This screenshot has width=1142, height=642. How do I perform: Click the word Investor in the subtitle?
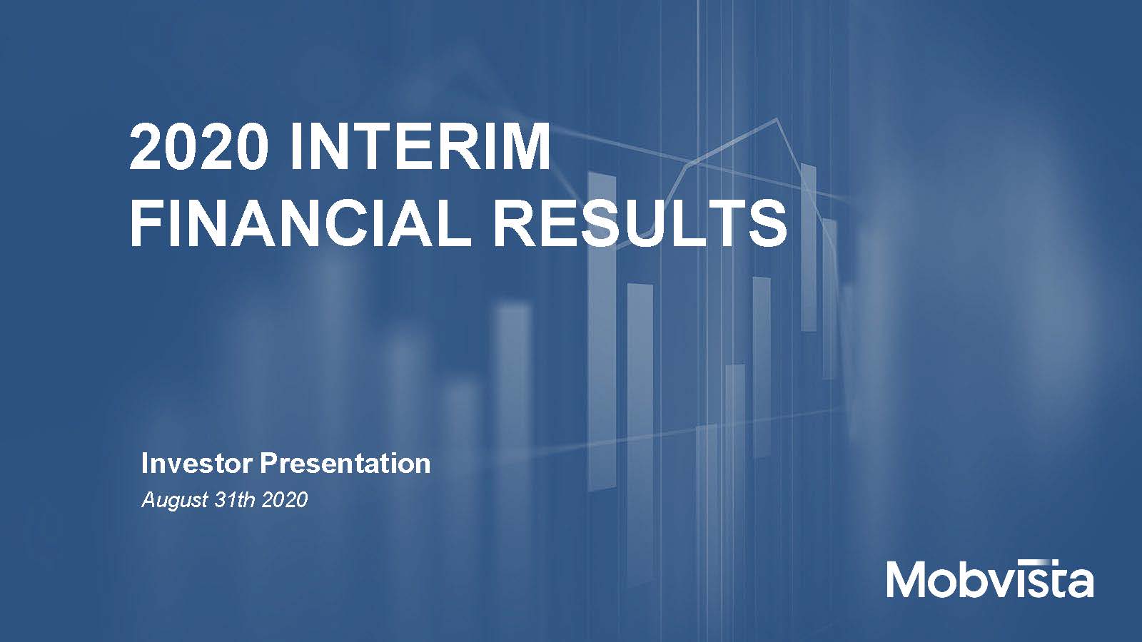tap(197, 464)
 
